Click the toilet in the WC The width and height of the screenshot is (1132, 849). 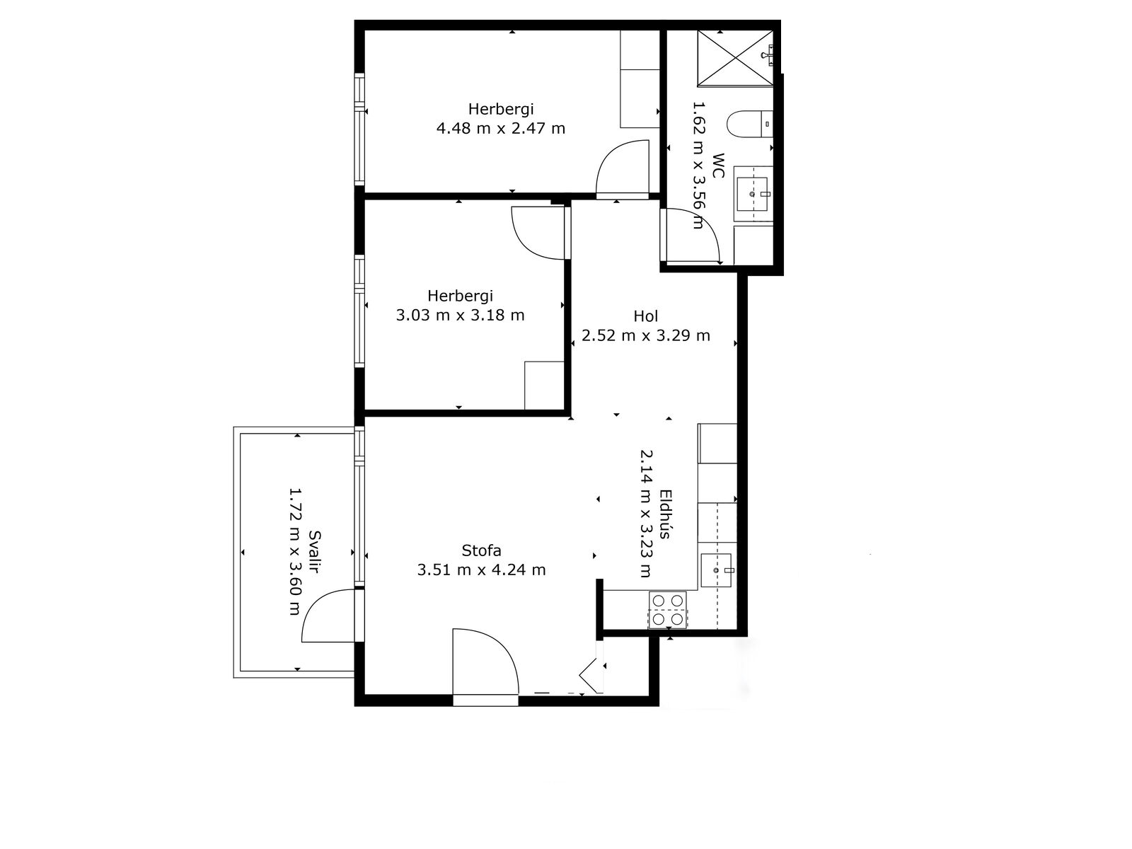click(x=749, y=125)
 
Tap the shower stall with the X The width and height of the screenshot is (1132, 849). click(x=735, y=58)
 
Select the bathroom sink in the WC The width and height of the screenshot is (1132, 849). click(x=752, y=195)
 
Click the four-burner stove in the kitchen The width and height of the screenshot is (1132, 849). click(x=667, y=611)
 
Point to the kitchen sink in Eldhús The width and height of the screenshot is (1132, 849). click(x=716, y=570)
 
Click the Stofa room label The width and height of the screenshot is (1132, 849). click(x=481, y=550)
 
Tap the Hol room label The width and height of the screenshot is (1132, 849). click(x=646, y=316)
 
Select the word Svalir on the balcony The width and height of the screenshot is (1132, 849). click(x=313, y=552)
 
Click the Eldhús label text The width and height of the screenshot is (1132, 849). click(x=665, y=514)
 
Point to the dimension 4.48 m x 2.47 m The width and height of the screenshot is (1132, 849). click(x=501, y=128)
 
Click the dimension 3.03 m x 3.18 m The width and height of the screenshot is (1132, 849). click(x=460, y=315)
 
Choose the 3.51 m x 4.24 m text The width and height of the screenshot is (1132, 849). click(x=481, y=570)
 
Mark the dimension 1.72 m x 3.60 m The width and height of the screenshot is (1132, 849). click(x=294, y=552)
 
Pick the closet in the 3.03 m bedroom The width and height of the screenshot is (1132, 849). click(x=543, y=386)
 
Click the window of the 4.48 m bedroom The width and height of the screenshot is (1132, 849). click(x=359, y=129)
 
